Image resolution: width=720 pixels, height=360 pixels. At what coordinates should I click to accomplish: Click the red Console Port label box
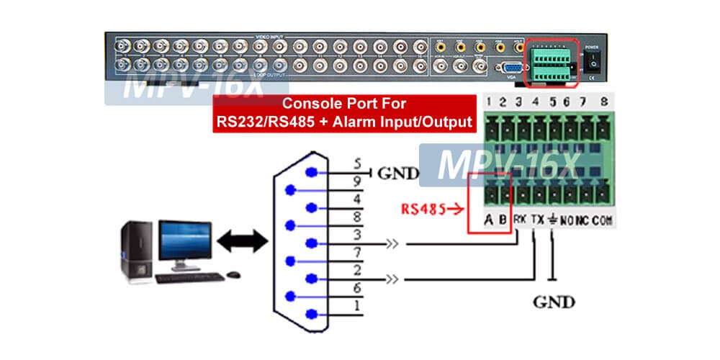[x=345, y=113]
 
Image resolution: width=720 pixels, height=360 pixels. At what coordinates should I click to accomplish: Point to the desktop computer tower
[x=136, y=250]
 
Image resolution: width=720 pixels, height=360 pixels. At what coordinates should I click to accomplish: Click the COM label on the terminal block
[x=602, y=220]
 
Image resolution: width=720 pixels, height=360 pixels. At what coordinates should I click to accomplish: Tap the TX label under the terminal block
[x=536, y=220]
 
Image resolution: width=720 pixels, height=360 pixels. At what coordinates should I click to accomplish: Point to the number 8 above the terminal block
[x=603, y=101]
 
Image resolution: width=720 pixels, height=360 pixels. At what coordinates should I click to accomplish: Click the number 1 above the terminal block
[x=490, y=101]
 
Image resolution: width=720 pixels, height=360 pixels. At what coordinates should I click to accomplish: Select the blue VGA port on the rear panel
[x=513, y=68]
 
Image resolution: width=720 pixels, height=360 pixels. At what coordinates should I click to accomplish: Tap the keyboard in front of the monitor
[x=189, y=277]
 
